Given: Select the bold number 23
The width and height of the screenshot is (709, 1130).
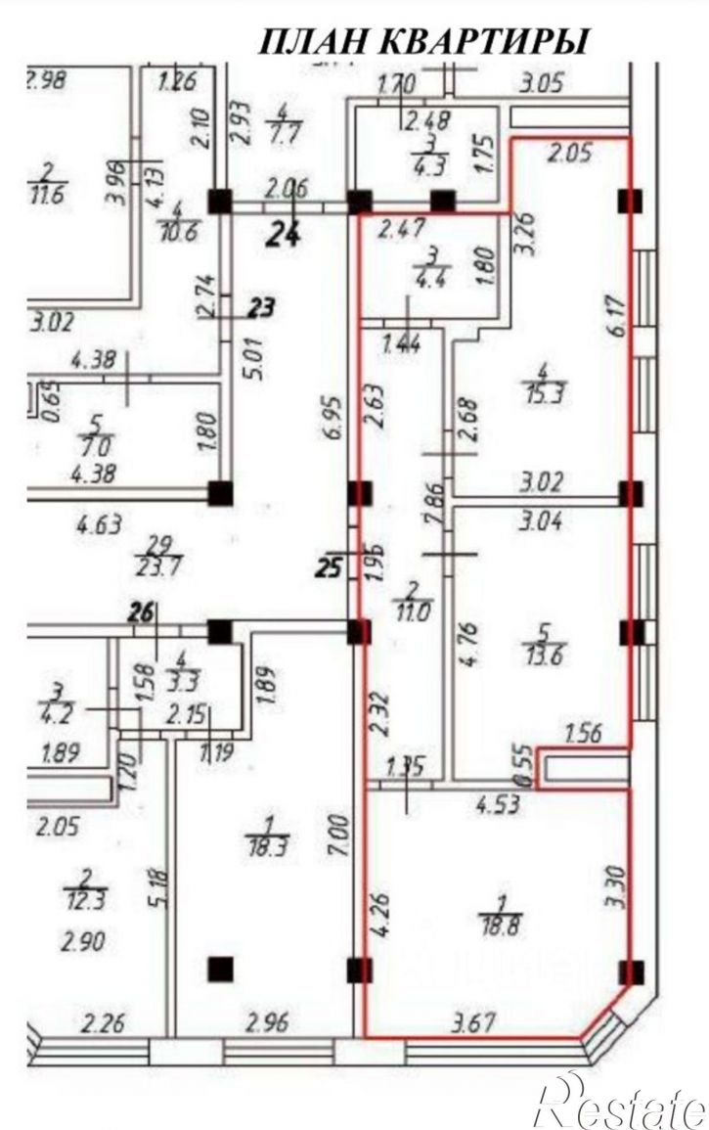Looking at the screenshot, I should (260, 309).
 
